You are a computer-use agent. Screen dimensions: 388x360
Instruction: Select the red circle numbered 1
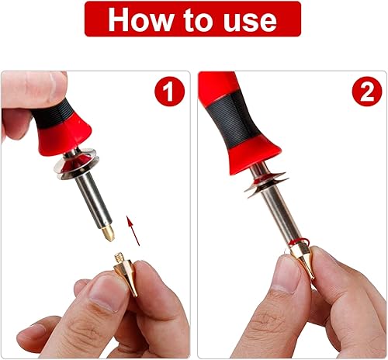click(169, 91)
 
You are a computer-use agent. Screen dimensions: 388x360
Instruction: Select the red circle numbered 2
click(367, 91)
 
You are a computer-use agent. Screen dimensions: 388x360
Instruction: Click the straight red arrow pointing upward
click(133, 230)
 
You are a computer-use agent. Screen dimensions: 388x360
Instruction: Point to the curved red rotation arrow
click(299, 242)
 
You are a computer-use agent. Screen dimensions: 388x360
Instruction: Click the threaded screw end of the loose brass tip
click(119, 258)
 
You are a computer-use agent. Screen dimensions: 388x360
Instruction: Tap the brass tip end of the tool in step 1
click(108, 233)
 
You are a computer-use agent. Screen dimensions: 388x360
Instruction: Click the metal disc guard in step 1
click(77, 164)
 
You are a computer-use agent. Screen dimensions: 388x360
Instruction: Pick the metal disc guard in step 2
click(265, 183)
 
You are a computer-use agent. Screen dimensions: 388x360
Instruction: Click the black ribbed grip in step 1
click(53, 114)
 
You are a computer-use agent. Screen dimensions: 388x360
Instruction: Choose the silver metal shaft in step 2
click(279, 212)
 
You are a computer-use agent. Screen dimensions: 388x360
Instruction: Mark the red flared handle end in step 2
click(254, 157)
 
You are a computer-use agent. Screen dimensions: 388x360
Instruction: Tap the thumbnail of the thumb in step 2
click(287, 272)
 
